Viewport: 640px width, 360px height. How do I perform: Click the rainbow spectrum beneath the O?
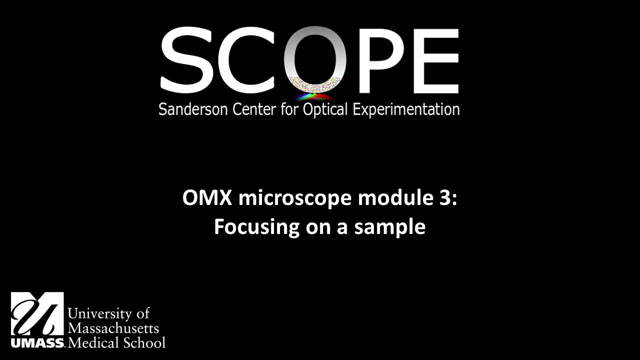tap(314, 96)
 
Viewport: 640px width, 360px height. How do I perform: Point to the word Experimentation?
tap(406, 109)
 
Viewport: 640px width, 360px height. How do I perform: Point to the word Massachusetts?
tap(113, 328)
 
